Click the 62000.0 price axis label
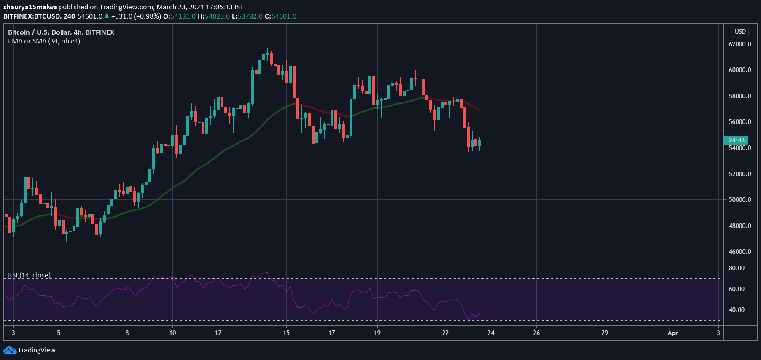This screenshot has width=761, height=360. click(739, 44)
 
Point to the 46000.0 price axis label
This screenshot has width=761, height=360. click(739, 252)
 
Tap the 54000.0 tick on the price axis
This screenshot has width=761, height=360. click(739, 148)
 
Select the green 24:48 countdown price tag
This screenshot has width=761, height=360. click(736, 140)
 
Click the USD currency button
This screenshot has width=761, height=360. click(740, 32)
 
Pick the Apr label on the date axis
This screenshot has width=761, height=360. click(672, 333)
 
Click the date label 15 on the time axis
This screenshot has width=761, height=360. click(286, 333)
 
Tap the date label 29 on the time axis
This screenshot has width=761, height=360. click(604, 333)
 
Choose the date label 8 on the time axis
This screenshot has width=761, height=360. click(127, 333)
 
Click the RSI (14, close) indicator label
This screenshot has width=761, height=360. click(29, 275)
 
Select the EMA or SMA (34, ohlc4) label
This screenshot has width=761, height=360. click(44, 41)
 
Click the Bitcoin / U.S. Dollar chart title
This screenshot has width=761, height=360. click(61, 32)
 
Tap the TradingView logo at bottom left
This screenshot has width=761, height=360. click(30, 350)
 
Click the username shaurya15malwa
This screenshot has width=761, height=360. click(30, 7)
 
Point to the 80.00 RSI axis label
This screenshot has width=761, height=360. click(736, 268)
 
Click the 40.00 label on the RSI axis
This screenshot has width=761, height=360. click(736, 310)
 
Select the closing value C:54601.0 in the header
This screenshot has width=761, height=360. click(280, 16)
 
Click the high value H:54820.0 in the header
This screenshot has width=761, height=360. click(214, 16)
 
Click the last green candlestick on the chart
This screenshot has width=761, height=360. click(479, 143)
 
